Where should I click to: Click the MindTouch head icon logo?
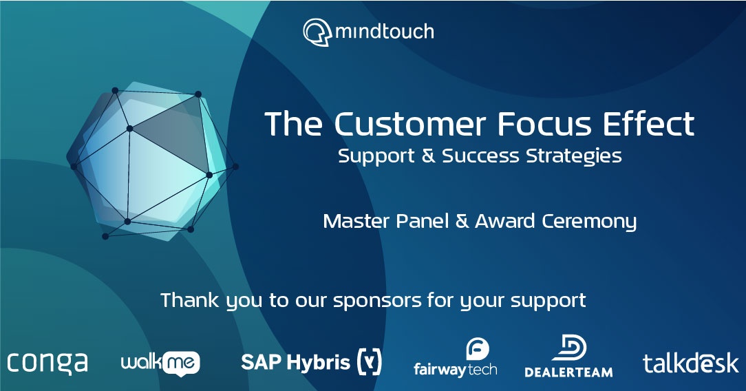coord(317,32)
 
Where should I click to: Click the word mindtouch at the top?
coord(385,32)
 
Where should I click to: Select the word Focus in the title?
coord(536,124)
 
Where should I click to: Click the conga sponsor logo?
coord(47,363)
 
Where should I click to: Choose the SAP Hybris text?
coord(295,362)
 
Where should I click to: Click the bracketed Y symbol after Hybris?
coord(370,361)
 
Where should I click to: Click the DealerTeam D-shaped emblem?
coord(568,348)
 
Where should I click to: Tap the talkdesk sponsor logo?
coord(690,363)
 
